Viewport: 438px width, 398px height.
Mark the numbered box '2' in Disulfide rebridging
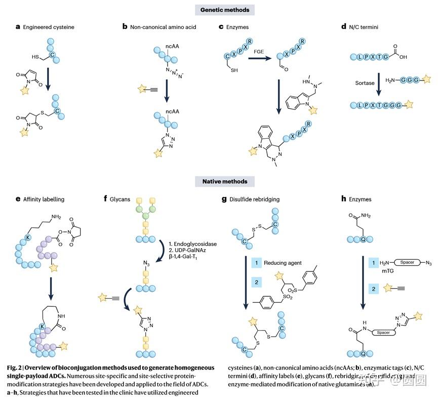(257, 281)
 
